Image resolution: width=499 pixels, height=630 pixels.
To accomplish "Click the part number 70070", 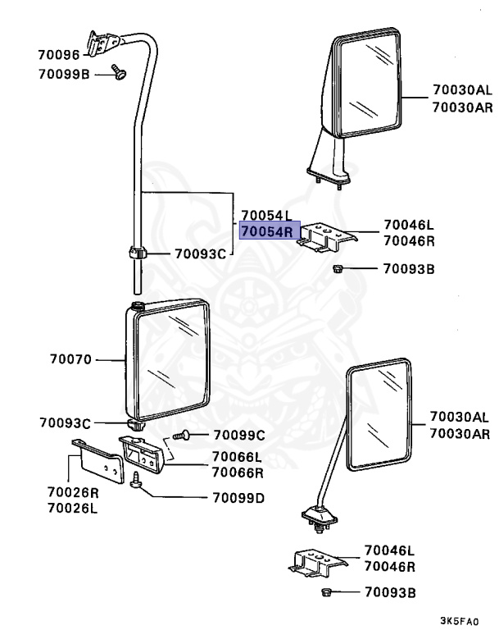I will point(72,359).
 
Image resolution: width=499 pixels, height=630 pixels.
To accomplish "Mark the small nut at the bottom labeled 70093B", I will point(325,591).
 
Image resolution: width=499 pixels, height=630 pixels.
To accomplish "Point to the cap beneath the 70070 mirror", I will point(136,426).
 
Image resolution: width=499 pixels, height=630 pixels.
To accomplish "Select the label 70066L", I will point(238,458).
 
